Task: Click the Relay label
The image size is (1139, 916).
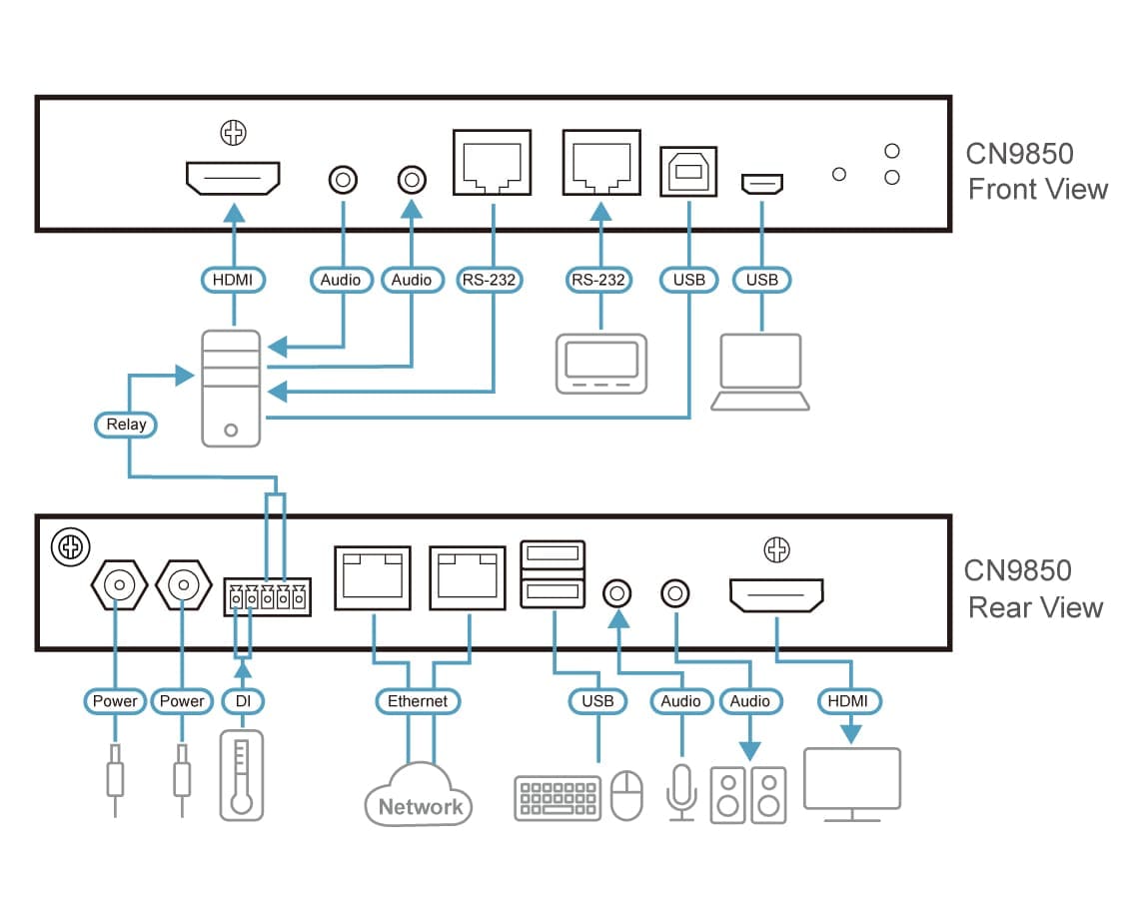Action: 127,424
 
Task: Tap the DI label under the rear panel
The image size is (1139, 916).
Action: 242,701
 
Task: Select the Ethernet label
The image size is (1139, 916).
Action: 419,701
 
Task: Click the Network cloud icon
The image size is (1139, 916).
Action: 419,794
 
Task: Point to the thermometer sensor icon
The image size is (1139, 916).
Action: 241,775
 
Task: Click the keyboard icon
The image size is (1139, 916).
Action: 558,798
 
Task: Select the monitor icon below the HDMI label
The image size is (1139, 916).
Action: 852,784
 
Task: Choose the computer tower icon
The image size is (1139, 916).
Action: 232,388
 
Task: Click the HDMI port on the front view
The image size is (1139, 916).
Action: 233,179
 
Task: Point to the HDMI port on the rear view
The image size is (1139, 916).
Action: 776,595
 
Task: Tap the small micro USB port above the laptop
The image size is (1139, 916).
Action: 762,184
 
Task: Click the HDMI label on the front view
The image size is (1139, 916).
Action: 234,281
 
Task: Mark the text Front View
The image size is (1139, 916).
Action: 1038,189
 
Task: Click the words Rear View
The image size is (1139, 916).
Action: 1035,607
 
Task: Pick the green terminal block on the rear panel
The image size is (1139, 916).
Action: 267,597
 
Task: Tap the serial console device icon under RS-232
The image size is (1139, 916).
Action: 600,363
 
